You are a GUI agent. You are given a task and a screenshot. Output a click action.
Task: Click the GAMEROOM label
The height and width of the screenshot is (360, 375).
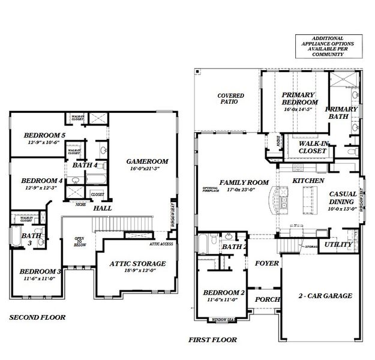tap(146, 161)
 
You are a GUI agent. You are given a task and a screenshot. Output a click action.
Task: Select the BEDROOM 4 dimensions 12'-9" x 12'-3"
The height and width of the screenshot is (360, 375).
tap(41, 188)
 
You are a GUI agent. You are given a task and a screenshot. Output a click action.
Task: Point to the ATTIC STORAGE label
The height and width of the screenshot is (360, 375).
tap(137, 263)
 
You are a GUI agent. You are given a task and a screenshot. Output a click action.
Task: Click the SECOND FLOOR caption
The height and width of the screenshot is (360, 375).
tap(37, 317)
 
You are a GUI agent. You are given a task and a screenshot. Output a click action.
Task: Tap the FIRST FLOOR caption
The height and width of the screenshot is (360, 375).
tap(212, 340)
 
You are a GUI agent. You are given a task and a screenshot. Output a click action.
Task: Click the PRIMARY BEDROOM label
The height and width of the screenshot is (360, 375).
tap(299, 98)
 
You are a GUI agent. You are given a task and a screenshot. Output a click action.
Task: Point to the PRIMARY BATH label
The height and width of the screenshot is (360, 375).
tap(341, 113)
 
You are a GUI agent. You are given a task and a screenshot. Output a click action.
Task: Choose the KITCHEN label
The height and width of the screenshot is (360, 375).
tap(308, 181)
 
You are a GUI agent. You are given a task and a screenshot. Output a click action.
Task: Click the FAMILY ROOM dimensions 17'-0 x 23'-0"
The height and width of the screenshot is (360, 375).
tap(244, 190)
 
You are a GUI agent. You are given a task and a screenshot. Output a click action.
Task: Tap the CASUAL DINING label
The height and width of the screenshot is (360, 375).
tap(343, 198)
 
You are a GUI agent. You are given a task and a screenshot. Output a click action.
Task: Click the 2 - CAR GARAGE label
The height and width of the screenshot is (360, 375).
tap(325, 296)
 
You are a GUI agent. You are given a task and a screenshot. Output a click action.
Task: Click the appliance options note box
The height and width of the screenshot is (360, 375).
tap(328, 46)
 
